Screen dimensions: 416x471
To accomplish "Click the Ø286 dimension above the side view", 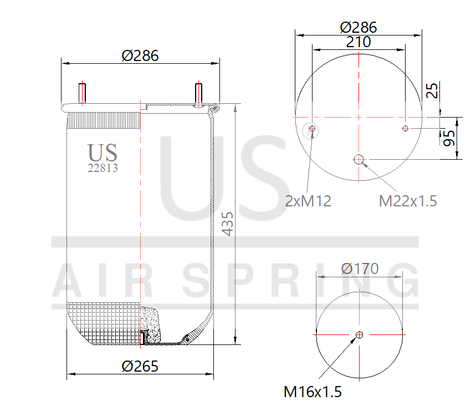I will click(140, 55).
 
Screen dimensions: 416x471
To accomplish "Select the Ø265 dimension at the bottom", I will click(140, 366).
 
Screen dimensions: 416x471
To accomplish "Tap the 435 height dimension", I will click(228, 224).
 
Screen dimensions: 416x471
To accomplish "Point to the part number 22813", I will click(103, 168).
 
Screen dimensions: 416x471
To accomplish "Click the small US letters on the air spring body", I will click(103, 151).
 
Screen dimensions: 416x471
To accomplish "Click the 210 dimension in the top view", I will click(359, 42).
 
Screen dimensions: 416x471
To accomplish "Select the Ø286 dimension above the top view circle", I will click(359, 27).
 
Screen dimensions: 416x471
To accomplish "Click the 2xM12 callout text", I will click(308, 201).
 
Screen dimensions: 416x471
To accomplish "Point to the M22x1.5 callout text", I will click(408, 201).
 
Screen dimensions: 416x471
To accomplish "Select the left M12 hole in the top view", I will click(313, 129).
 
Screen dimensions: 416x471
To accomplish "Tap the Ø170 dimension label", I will click(360, 269).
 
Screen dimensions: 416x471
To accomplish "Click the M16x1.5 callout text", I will click(313, 392).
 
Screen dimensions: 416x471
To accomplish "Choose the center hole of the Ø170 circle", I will click(360, 334).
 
